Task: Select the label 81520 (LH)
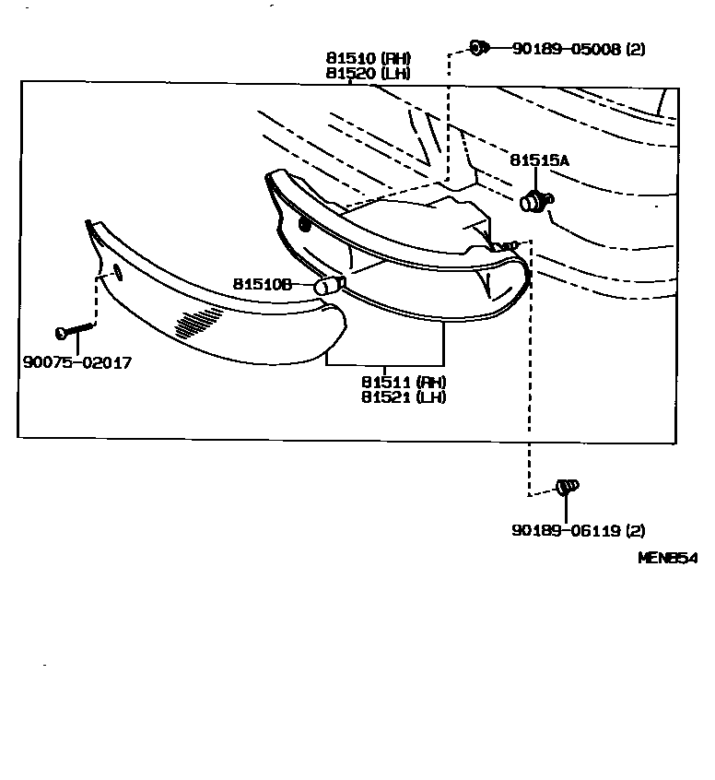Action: (x=367, y=73)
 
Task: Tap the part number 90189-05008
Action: (x=567, y=49)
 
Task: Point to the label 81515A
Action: (x=539, y=160)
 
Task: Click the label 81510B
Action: (x=262, y=285)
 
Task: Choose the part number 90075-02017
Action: (x=77, y=362)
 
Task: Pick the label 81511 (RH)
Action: (x=404, y=383)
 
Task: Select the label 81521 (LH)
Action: (x=404, y=397)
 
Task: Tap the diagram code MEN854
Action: (x=669, y=558)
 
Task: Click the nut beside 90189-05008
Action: (x=478, y=46)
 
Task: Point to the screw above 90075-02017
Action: (x=76, y=328)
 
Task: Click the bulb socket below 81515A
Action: (x=534, y=200)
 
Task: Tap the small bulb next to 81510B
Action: (x=328, y=286)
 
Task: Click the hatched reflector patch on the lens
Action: (x=198, y=322)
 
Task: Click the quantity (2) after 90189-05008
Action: (x=635, y=49)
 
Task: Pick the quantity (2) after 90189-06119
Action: (x=635, y=530)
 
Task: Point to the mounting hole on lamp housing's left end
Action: (x=305, y=224)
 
